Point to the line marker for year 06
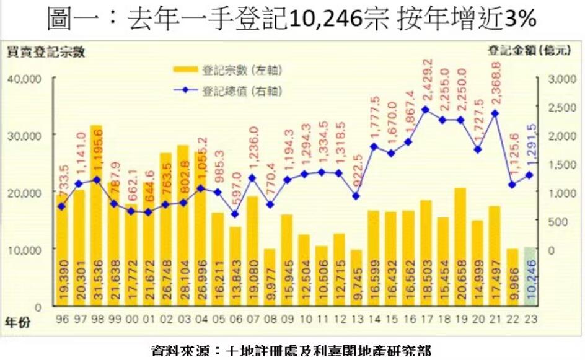pos(234,214)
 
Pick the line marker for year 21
pos(495,113)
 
